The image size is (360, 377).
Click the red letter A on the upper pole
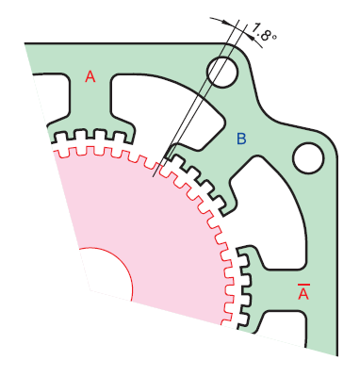click(x=90, y=76)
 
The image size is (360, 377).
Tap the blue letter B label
click(x=241, y=139)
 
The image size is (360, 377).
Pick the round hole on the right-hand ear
click(x=308, y=157)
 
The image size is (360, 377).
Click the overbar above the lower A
click(x=303, y=282)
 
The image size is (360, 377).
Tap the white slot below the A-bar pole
click(x=283, y=325)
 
